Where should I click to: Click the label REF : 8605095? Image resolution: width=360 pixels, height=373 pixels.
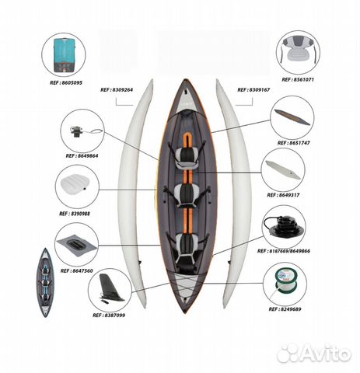[66, 83]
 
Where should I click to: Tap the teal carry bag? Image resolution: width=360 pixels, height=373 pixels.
[64, 55]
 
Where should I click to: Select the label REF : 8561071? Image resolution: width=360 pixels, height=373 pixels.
[298, 80]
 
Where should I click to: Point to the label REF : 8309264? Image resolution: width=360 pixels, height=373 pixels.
[117, 90]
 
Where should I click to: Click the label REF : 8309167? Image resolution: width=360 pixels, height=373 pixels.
[253, 90]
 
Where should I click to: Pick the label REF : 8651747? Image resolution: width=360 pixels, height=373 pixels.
[294, 143]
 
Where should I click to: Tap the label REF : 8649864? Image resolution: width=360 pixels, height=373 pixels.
[82, 156]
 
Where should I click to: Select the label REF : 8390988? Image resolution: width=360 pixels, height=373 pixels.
[75, 214]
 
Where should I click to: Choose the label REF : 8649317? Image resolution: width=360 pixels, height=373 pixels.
[283, 195]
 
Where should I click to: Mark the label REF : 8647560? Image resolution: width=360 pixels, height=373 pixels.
[76, 271]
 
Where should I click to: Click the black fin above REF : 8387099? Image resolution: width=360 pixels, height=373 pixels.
[110, 288]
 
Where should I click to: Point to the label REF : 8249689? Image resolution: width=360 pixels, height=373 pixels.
[285, 309]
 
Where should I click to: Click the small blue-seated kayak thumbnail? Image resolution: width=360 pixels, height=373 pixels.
[46, 283]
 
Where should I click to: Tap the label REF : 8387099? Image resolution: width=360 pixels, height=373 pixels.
[109, 315]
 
